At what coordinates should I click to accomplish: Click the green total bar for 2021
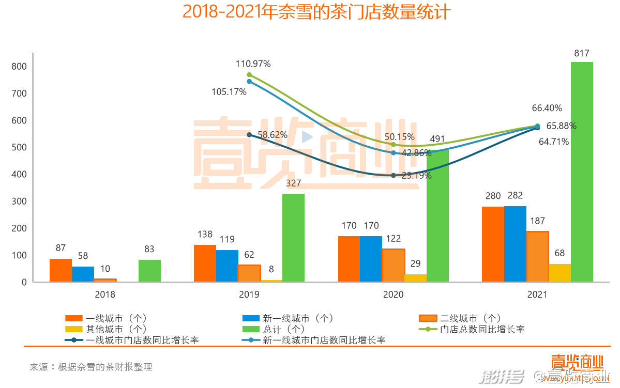click(x=582, y=172)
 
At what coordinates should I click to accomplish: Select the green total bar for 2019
click(x=293, y=238)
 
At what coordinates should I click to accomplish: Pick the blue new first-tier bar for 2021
click(x=515, y=244)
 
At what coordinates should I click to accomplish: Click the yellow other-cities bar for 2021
click(x=559, y=273)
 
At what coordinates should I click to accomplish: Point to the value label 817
click(x=582, y=53)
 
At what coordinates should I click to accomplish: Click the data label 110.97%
click(x=253, y=64)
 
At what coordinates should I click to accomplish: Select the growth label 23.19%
click(x=416, y=176)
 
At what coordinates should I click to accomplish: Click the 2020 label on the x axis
click(x=393, y=295)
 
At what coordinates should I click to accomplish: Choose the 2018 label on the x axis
click(x=105, y=295)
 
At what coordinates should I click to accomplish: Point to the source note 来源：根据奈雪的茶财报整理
click(x=90, y=367)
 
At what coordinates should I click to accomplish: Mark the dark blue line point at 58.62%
click(x=249, y=135)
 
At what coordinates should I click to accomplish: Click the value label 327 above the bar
click(x=293, y=183)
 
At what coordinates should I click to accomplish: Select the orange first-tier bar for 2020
click(x=349, y=259)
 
